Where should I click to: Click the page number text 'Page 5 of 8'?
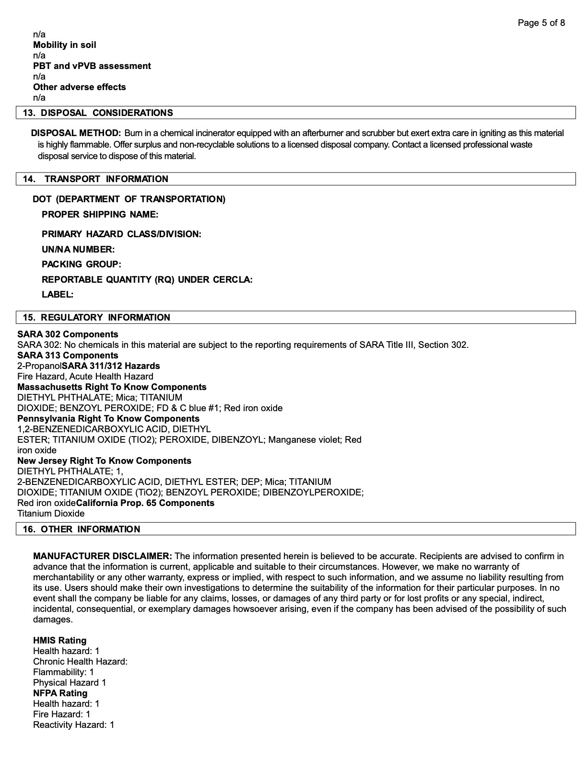[x=541, y=23]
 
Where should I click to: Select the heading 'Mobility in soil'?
[x=65, y=45]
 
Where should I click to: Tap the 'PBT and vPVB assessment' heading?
[x=92, y=66]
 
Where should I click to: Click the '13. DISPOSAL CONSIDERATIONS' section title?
[x=98, y=113]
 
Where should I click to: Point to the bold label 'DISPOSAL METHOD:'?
[x=76, y=133]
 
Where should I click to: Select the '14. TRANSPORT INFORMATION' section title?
[x=95, y=179]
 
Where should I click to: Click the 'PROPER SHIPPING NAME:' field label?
[x=100, y=214]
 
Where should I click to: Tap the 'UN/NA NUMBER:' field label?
[x=78, y=250]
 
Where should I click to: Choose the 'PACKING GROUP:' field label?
[x=82, y=264]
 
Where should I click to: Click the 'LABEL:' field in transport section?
[x=58, y=295]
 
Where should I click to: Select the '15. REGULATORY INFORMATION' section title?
[x=96, y=318]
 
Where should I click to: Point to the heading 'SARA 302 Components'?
[x=68, y=334]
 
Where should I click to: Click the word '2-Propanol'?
[x=39, y=366]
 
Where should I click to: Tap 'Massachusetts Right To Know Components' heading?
[x=112, y=387]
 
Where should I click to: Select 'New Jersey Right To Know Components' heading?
[x=104, y=461]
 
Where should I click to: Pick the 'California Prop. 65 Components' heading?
[x=145, y=503]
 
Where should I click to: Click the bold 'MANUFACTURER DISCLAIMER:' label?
[x=103, y=556]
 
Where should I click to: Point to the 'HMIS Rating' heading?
[x=60, y=641]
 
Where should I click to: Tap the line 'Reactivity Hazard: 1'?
[x=74, y=725]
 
